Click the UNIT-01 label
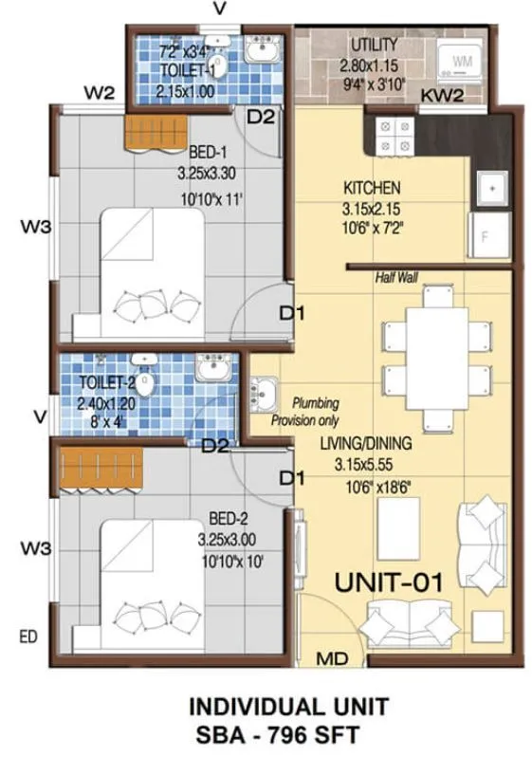tap(389, 582)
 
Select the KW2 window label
tap(441, 96)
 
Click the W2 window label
tap(100, 92)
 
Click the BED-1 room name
tap(207, 153)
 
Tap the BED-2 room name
tap(228, 519)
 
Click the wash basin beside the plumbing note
tap(262, 391)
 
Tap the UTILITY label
tap(374, 45)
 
